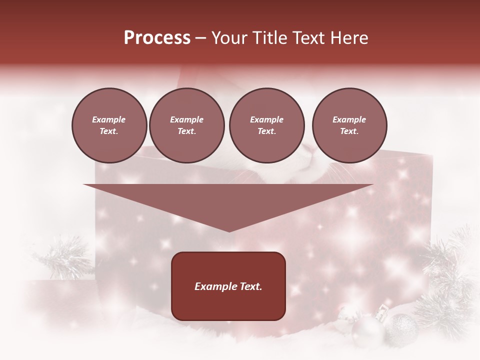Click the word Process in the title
[x=157, y=38]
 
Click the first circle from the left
[x=109, y=125]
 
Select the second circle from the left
[x=186, y=125]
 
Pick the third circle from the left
[x=266, y=125]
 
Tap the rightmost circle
[x=349, y=125]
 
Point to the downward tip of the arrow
[x=229, y=230]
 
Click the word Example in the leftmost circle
[x=109, y=119]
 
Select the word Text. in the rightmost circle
[x=349, y=131]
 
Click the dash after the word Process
[x=201, y=38]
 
